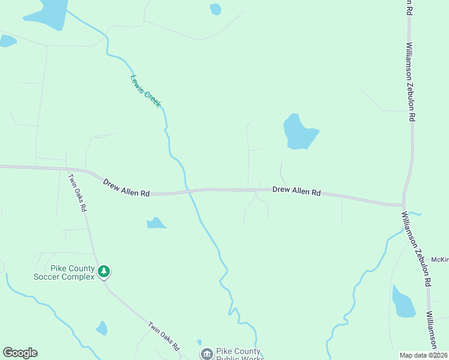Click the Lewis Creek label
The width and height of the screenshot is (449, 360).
[145, 91]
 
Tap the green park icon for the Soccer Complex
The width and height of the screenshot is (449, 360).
[104, 272]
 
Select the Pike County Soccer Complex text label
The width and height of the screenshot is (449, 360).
[64, 272]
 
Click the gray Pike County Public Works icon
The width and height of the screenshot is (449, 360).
[207, 354]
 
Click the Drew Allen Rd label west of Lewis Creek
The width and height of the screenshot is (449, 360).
[126, 188]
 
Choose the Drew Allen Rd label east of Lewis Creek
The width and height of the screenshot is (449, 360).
[297, 191]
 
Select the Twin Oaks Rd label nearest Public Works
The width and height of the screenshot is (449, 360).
[164, 337]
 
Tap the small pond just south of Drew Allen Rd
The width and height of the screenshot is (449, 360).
[156, 223]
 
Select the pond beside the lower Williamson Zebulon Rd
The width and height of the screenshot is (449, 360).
[402, 302]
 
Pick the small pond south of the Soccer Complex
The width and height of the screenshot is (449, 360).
[101, 328]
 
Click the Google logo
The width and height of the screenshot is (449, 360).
[20, 353]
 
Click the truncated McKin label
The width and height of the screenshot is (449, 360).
[440, 260]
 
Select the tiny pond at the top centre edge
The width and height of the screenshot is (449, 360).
[215, 9]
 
